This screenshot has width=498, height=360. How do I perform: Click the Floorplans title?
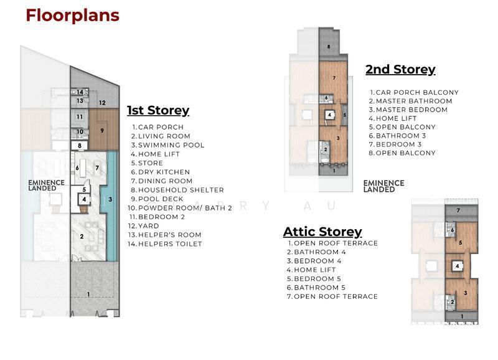pos(72,16)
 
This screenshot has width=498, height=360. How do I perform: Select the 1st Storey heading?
pos(158,110)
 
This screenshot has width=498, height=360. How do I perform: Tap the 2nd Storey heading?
pos(400,69)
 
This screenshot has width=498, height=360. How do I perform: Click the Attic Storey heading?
pos(322,232)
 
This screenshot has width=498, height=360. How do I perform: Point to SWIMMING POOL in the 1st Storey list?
pos(171,145)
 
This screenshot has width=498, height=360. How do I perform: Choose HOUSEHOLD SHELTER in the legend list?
pos(181,190)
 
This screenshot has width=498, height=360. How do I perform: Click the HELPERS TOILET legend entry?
pos(170,244)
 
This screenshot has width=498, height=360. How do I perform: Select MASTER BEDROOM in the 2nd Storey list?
pos(411,110)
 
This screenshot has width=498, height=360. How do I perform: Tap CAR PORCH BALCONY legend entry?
pos(417,92)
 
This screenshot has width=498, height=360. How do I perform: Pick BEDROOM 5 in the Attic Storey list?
pos(317,278)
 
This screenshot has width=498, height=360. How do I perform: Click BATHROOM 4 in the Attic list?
pos(320,252)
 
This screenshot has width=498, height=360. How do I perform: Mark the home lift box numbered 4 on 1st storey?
pos(84,199)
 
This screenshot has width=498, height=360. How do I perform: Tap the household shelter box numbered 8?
pos(80,146)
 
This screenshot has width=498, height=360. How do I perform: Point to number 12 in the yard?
pos(102,103)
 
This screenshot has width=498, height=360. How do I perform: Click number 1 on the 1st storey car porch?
pos(88,295)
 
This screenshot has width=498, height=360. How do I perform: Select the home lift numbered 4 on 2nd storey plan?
pos(330,115)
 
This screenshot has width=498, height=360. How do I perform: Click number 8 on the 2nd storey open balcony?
pos(329,47)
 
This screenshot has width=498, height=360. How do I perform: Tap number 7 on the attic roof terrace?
pos(458,211)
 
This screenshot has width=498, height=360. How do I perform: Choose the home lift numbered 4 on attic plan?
pos(458,267)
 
